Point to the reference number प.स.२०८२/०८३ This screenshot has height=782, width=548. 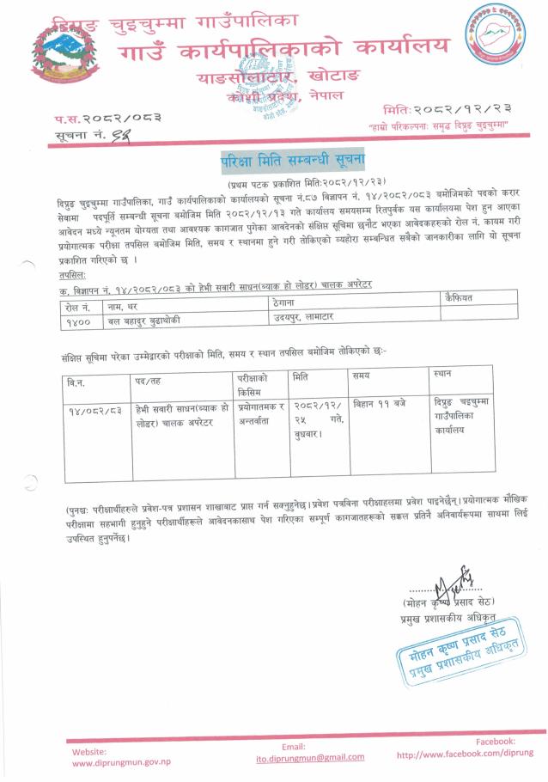[107, 118]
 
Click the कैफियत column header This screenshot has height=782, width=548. [460, 297]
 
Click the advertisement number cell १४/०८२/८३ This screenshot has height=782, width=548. [94, 412]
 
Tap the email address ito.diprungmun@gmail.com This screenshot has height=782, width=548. [298, 756]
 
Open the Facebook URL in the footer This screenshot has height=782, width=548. [465, 754]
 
